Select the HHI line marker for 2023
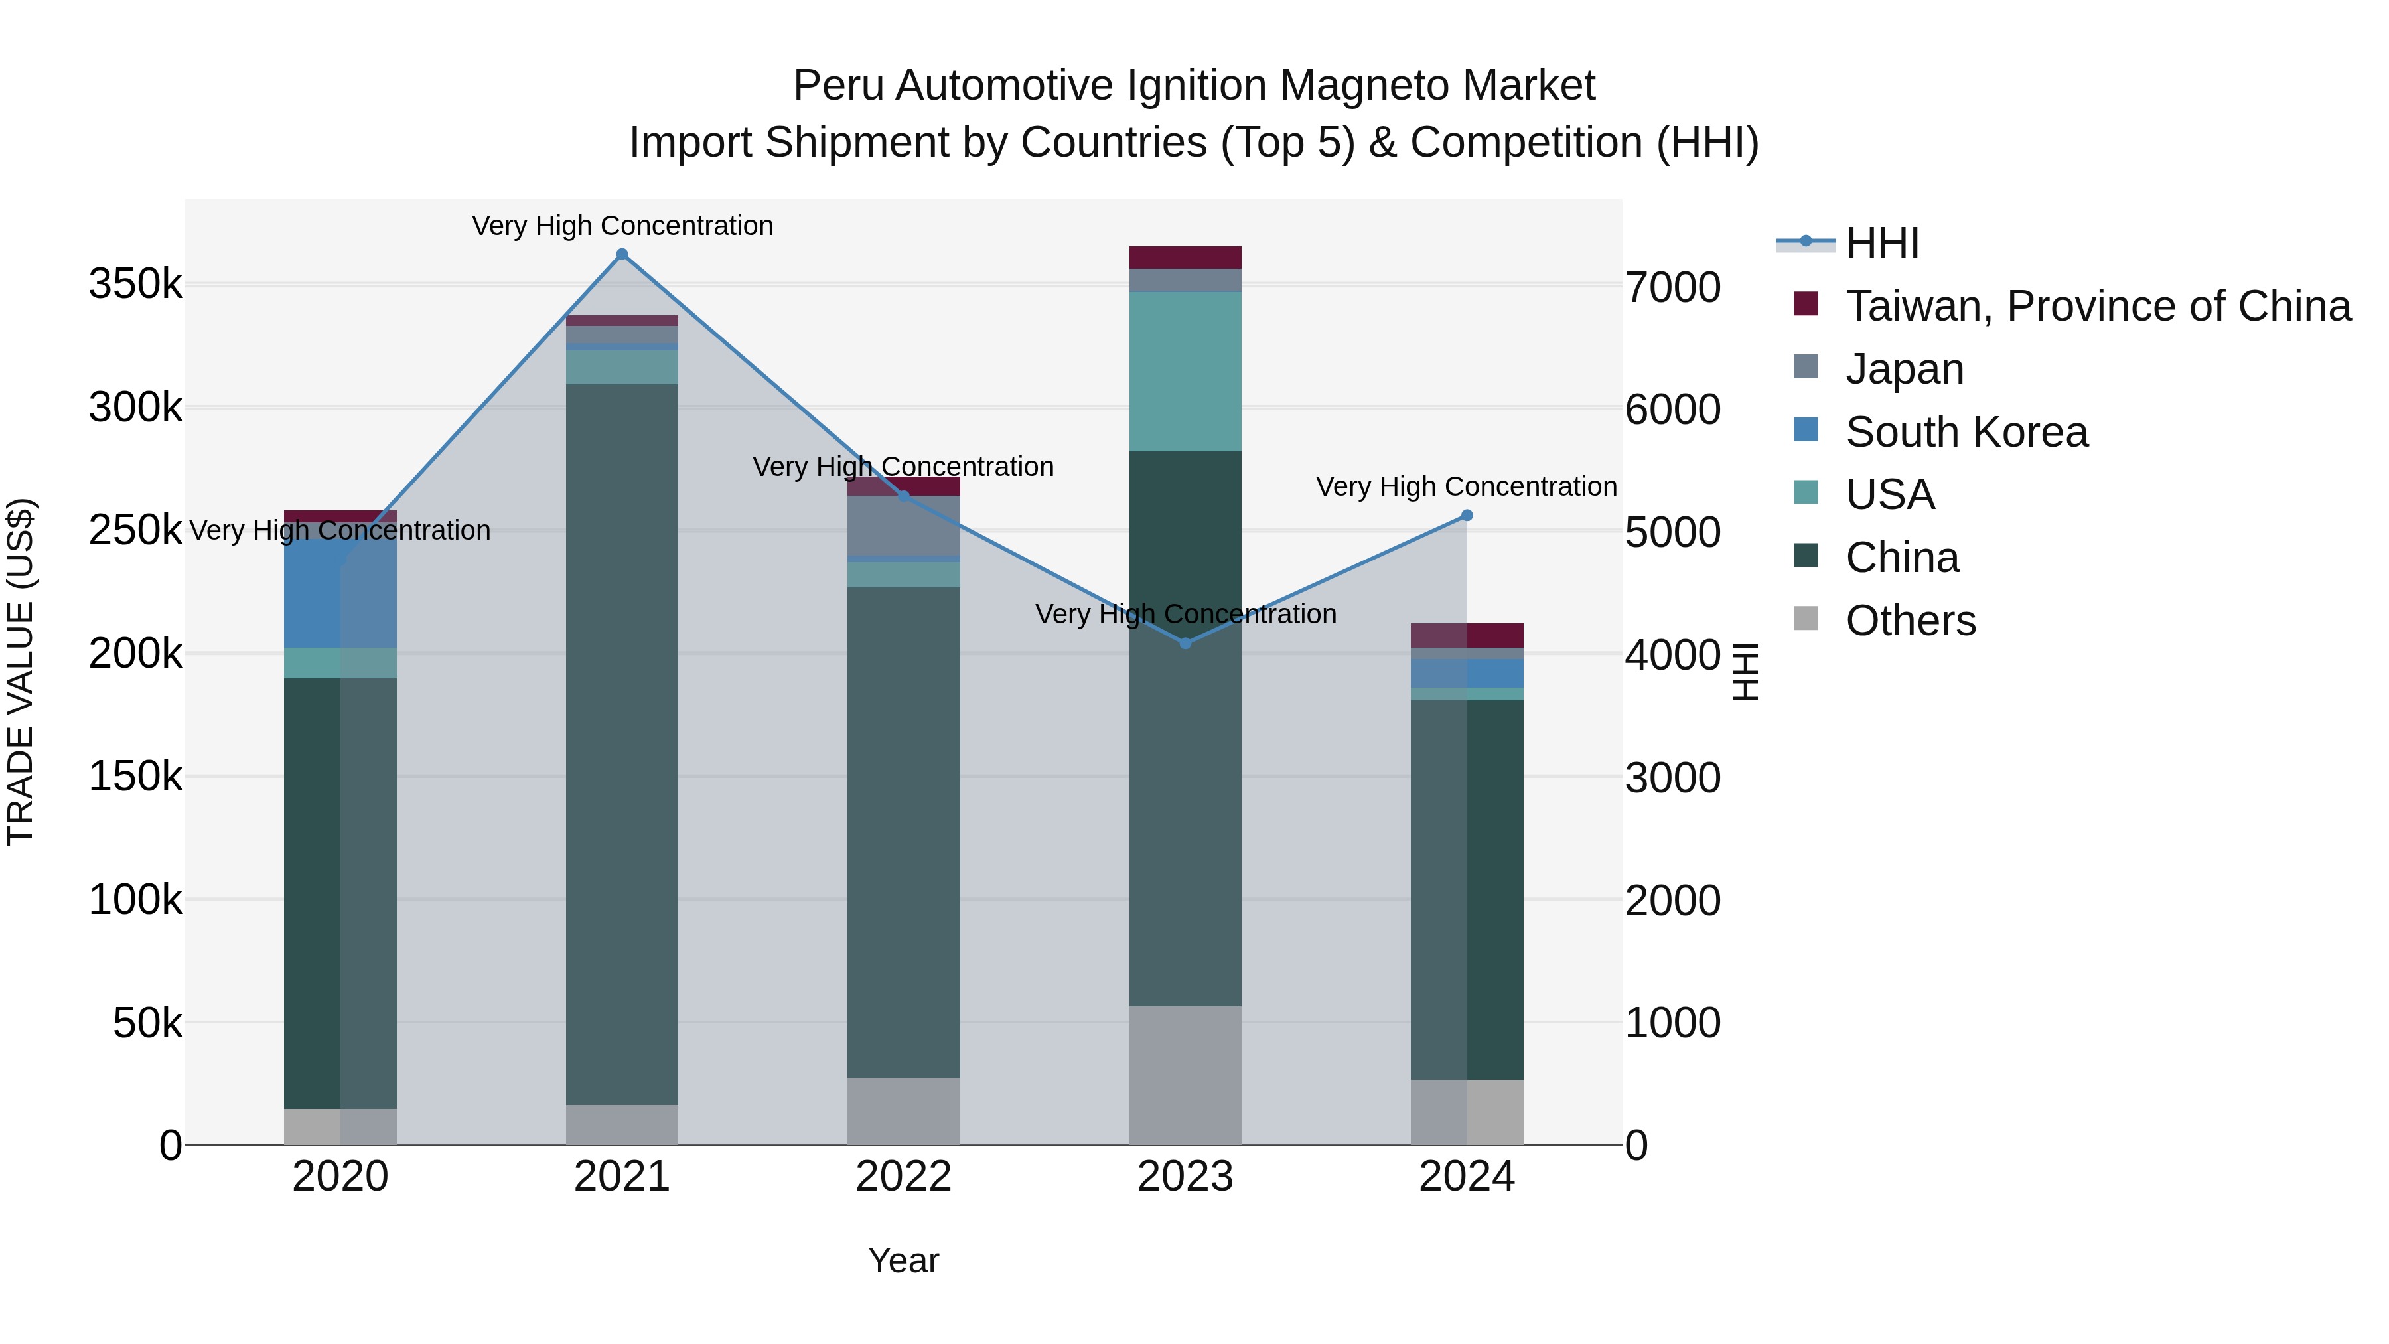[x=1185, y=642]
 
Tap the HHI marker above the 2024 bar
[x=1466, y=516]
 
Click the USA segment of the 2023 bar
[x=1185, y=371]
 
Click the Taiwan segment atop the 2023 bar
[x=1185, y=257]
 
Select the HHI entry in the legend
[x=1882, y=243]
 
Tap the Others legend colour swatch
[x=1805, y=618]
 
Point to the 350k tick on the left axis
[x=135, y=284]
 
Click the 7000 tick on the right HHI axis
[x=1672, y=287]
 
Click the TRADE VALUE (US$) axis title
[x=21, y=672]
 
